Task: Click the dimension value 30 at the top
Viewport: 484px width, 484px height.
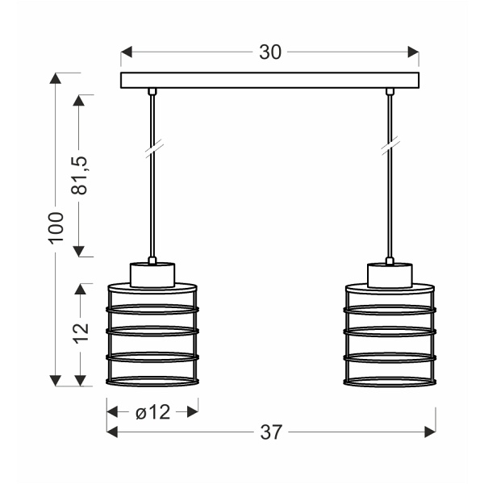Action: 270,52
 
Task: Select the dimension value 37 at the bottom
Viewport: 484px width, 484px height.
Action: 272,432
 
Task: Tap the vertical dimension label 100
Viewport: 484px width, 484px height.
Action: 55,229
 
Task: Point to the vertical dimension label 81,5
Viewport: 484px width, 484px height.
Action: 78,175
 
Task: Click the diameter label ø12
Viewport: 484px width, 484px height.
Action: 152,412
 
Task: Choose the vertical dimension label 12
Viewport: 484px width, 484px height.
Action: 79,334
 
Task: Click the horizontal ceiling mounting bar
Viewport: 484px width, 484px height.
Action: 270,80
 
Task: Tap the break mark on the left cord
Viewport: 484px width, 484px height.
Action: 152,148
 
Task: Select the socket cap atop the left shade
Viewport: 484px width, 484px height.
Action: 152,274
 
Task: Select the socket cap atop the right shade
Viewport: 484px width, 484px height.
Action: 390,274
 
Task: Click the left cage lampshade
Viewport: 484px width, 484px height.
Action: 152,335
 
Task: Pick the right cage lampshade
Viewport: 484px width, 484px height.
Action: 390,335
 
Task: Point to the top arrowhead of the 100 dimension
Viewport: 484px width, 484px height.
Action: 55,78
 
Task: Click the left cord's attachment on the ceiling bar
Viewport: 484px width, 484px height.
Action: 152,91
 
